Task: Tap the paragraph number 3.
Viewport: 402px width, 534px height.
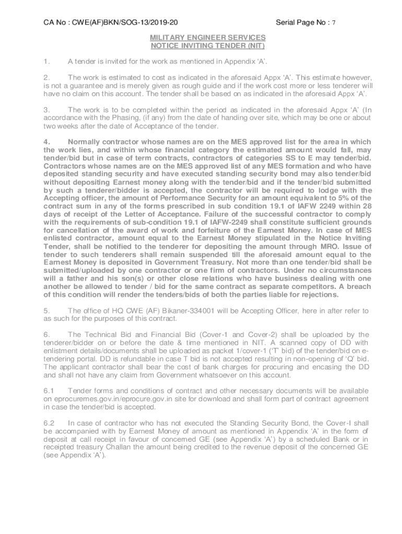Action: click(46, 110)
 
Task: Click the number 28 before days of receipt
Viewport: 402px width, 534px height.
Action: click(366, 206)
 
